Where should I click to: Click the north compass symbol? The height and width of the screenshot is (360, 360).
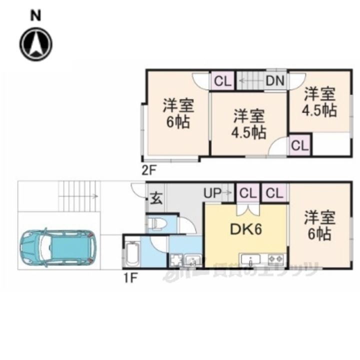(x=36, y=43)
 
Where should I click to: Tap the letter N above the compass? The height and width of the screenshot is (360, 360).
(x=35, y=16)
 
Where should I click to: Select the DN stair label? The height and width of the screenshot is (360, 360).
(x=275, y=80)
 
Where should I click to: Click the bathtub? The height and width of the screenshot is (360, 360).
(x=133, y=254)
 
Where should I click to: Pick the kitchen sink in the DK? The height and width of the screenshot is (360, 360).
(x=249, y=259)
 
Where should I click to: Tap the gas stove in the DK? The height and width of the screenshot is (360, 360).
(x=275, y=259)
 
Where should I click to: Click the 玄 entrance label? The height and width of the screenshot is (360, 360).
(x=156, y=198)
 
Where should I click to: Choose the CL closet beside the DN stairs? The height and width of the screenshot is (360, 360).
(x=221, y=80)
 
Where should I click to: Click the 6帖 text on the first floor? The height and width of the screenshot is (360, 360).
(x=319, y=233)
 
